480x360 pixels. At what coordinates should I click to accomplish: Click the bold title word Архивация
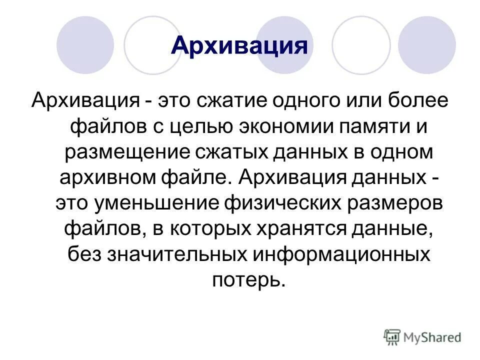point(238,45)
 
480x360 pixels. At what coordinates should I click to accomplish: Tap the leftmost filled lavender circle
point(85,45)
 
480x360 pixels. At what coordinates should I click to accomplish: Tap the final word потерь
point(248,280)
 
